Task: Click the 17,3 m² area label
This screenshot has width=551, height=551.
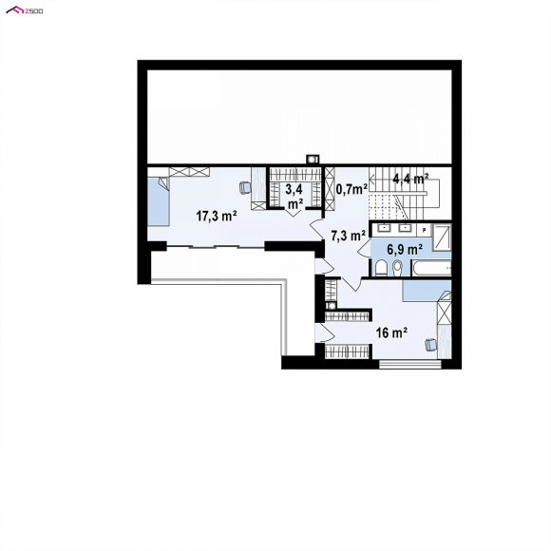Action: (x=216, y=216)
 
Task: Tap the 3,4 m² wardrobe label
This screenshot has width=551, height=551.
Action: (x=294, y=197)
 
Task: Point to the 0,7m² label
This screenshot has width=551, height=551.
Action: (x=351, y=189)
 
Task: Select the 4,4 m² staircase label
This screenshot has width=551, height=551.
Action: (x=410, y=179)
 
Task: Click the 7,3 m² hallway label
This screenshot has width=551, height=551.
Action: (x=349, y=236)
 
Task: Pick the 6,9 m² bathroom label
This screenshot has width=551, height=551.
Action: (x=405, y=250)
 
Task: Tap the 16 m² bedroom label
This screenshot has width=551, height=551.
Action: (x=391, y=332)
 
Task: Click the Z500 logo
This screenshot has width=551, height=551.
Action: (x=25, y=10)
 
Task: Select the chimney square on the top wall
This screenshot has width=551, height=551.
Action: (x=313, y=160)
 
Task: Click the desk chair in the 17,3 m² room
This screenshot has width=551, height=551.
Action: (x=245, y=187)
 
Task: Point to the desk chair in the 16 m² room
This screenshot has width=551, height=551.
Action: (x=430, y=344)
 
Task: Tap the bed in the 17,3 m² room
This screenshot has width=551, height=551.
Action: (x=159, y=201)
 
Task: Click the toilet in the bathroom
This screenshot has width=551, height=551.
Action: (x=381, y=269)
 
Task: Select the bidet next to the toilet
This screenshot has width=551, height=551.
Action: (x=397, y=268)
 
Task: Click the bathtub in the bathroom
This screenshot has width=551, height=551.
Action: (x=431, y=268)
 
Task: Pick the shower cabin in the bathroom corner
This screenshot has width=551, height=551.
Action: (x=442, y=237)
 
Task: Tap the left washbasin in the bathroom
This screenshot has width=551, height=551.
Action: (x=384, y=228)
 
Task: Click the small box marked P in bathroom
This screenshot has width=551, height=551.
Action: (x=424, y=230)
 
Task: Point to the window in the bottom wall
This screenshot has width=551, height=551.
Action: (x=410, y=364)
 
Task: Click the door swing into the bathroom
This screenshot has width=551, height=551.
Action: (x=364, y=247)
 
